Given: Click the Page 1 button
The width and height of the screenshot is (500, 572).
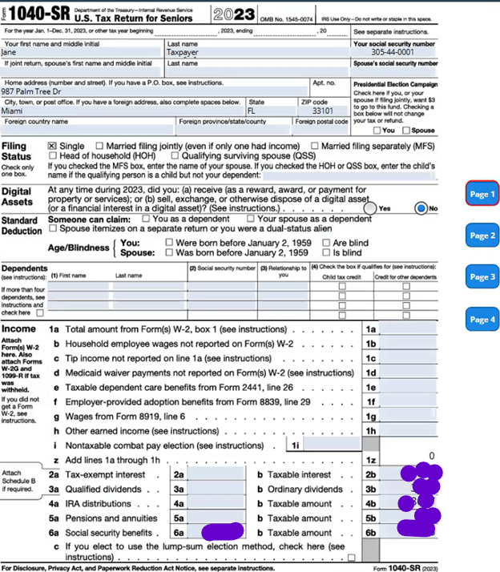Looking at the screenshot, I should pyautogui.click(x=482, y=194).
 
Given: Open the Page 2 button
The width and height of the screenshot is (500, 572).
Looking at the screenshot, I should pyautogui.click(x=482, y=236).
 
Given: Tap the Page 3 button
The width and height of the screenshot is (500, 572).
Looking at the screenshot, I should pyautogui.click(x=482, y=277).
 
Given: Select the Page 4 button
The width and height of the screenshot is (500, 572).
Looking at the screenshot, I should pyautogui.click(x=482, y=319).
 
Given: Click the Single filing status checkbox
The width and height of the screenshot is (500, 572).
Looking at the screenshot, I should pyautogui.click(x=53, y=146).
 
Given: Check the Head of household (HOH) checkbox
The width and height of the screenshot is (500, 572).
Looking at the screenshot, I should pyautogui.click(x=53, y=156).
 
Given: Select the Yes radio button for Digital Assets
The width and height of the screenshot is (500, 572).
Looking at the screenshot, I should pyautogui.click(x=369, y=207).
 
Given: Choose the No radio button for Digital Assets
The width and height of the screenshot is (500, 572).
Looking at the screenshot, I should pyautogui.click(x=421, y=207).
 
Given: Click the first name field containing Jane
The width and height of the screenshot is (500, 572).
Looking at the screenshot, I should pyautogui.click(x=80, y=53).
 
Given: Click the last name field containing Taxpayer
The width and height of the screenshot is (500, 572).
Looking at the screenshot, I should pyautogui.click(x=256, y=53).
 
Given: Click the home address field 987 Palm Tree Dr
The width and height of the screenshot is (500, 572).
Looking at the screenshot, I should pyautogui.click(x=152, y=91).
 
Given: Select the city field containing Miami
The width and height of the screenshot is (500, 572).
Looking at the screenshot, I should pyautogui.click(x=120, y=111).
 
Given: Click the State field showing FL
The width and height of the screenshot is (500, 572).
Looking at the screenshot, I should pyautogui.click(x=268, y=111).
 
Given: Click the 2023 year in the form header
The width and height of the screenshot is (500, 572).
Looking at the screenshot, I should pyautogui.click(x=235, y=14).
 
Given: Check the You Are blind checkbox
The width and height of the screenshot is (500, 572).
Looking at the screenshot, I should pyautogui.click(x=327, y=242).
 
